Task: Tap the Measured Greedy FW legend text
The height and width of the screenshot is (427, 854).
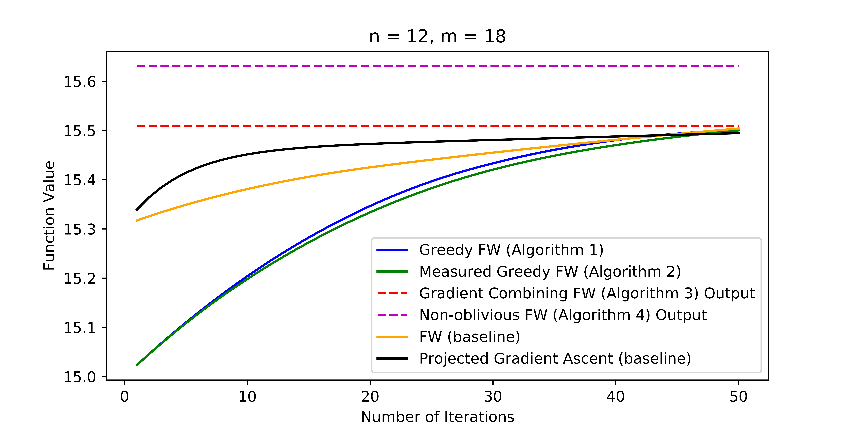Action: tap(550, 272)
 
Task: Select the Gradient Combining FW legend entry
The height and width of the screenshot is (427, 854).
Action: tap(587, 293)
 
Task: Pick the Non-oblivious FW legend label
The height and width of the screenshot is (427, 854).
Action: tap(563, 315)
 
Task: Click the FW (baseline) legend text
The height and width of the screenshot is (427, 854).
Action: tap(469, 337)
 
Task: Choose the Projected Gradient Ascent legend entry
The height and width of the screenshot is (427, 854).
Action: tap(555, 358)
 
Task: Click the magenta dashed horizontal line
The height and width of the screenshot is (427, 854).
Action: tap(431, 66)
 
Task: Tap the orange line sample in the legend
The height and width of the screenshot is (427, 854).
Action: tap(392, 337)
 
